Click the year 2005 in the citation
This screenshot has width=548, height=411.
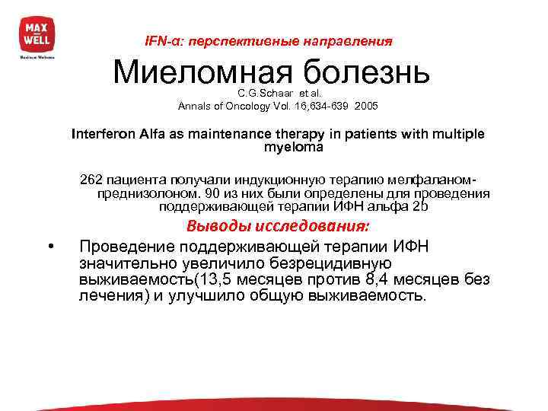[x=364, y=105]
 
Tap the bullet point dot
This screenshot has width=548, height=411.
[x=49, y=245]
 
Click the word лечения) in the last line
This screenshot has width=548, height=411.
[x=113, y=296]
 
